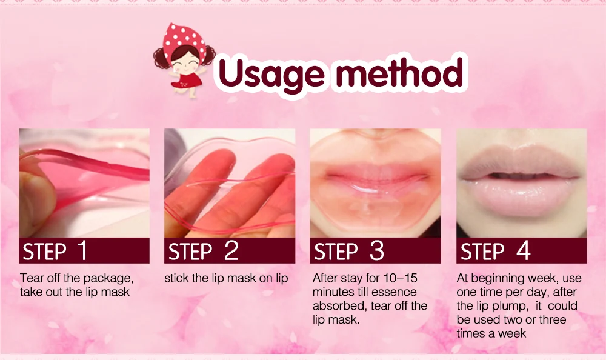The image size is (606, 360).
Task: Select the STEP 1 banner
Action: point(84,250)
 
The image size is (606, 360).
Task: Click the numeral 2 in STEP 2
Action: point(231,250)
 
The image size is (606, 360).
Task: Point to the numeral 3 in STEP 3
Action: point(376,250)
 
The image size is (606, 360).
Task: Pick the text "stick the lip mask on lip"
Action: point(226,278)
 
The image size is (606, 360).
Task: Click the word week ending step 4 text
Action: point(512,333)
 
